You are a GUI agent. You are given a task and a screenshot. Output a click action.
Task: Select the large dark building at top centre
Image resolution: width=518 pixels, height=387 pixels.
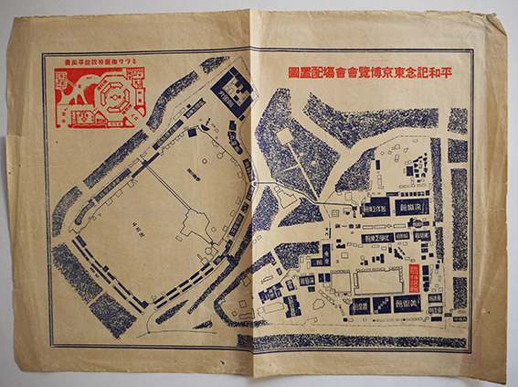coord(234,92)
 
